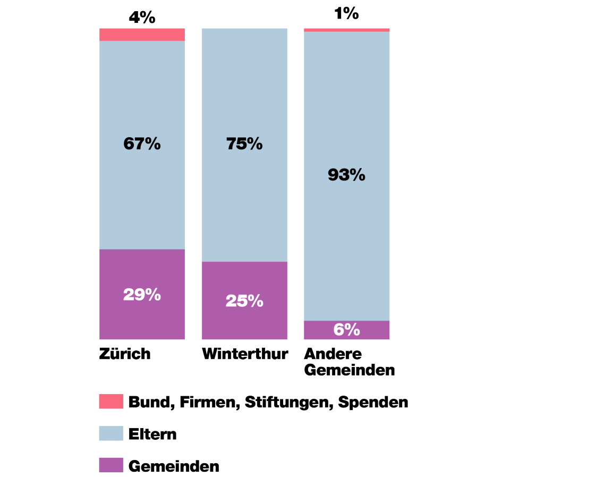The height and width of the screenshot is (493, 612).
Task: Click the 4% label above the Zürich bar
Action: [142, 18]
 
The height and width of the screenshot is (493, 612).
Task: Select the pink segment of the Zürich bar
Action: [142, 35]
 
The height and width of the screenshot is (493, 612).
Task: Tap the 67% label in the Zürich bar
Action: [142, 144]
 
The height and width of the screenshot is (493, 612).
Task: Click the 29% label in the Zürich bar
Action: [142, 295]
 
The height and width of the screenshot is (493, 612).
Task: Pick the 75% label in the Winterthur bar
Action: [244, 144]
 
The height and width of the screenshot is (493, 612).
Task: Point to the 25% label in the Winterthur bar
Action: [244, 301]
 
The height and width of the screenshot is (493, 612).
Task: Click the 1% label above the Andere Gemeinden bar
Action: [346, 13]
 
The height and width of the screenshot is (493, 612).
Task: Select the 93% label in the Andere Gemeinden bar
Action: [346, 174]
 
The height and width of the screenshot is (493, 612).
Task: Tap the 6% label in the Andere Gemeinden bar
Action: [346, 330]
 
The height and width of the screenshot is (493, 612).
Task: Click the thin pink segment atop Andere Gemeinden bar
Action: [346, 30]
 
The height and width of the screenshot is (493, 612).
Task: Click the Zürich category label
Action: [125, 354]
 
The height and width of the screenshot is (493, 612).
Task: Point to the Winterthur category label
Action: [245, 354]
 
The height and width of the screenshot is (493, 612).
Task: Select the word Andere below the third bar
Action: [333, 354]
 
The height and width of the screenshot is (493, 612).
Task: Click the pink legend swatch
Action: [111, 402]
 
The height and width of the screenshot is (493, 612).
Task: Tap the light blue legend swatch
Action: [111, 433]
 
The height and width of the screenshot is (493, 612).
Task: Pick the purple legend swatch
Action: [111, 465]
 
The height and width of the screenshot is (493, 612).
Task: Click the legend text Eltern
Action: [152, 434]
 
